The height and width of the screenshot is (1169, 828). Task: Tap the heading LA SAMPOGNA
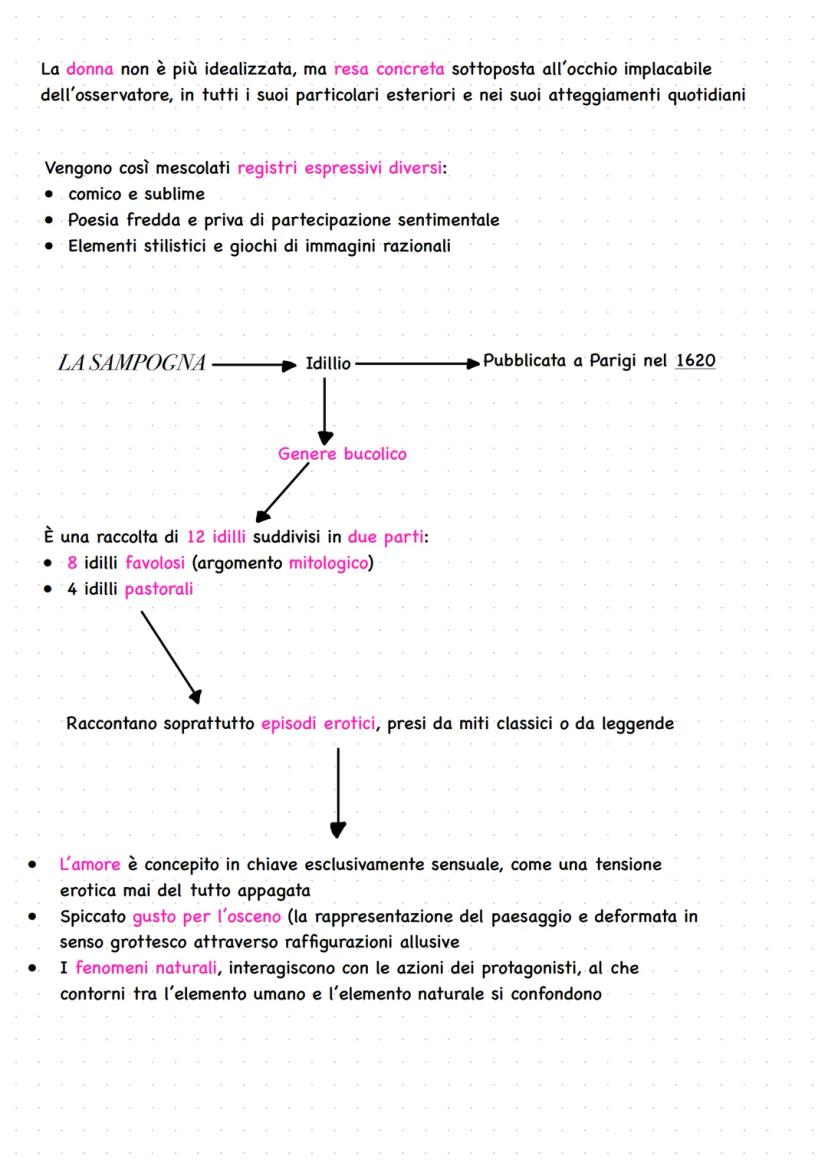[x=132, y=363]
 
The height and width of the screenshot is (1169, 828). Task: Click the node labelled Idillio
[x=329, y=364]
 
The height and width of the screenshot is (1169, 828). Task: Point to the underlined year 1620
[x=695, y=361]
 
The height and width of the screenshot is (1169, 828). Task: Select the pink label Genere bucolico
[x=342, y=454]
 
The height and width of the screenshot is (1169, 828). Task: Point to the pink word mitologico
[x=328, y=563]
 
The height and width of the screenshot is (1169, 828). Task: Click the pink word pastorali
[x=159, y=589]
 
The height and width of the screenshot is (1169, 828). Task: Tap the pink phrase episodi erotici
[x=319, y=723]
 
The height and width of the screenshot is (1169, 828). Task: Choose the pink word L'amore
[x=90, y=864]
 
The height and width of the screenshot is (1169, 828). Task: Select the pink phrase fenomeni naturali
[x=136, y=969]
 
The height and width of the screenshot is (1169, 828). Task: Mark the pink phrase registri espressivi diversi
[x=340, y=168]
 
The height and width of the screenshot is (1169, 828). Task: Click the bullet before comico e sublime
[x=50, y=194]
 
